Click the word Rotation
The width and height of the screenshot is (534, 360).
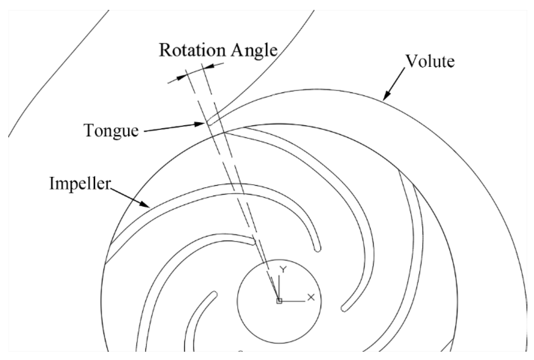click(x=193, y=50)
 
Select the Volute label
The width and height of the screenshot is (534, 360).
click(x=430, y=61)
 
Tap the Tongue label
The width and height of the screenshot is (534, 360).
click(x=111, y=131)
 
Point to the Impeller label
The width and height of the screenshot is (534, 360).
click(x=80, y=183)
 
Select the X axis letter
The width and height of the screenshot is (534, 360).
click(x=311, y=297)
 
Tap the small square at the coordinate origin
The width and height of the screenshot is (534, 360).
click(x=279, y=301)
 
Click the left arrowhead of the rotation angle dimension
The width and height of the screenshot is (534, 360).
click(x=181, y=78)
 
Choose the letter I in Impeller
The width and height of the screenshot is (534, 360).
click(x=52, y=183)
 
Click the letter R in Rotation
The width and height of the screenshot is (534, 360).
click(x=165, y=50)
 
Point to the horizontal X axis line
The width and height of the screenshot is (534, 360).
click(x=294, y=301)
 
